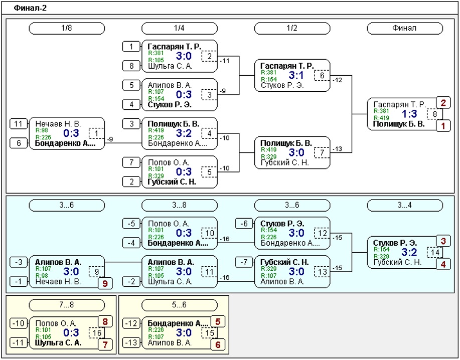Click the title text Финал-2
click(x=30, y=8)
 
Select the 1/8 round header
click(x=67, y=29)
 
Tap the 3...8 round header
click(x=179, y=205)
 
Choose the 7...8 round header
click(x=67, y=305)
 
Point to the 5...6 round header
click(x=179, y=305)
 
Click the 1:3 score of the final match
click(x=409, y=114)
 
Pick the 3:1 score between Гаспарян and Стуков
click(x=296, y=75)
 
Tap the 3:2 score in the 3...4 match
click(x=409, y=252)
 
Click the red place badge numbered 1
click(x=443, y=126)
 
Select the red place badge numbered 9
click(x=105, y=283)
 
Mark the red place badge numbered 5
click(x=218, y=321)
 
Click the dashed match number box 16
click(x=97, y=333)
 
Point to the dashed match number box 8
click(x=435, y=114)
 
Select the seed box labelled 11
click(x=19, y=124)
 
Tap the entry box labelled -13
click(x=131, y=342)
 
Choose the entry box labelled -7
click(x=244, y=262)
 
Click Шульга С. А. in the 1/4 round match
click(x=170, y=66)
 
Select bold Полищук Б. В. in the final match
click(x=399, y=124)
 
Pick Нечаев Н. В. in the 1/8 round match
click(x=58, y=124)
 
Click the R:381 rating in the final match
click(x=381, y=111)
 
